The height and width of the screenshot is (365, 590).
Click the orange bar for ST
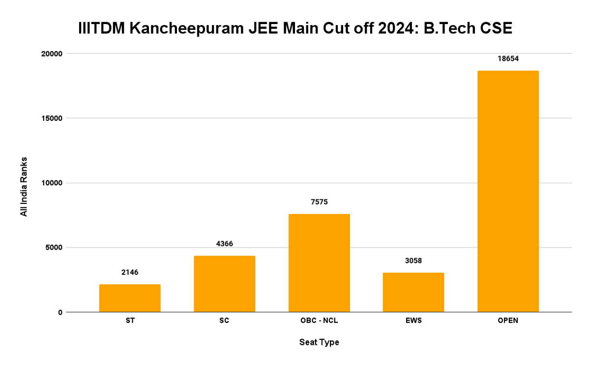(130, 298)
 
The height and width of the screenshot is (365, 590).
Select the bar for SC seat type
(224, 284)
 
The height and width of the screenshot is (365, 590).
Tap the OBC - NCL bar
(319, 263)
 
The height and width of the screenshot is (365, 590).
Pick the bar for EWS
(413, 292)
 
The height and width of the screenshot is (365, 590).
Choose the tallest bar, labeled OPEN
(508, 192)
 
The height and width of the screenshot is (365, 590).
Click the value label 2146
(130, 272)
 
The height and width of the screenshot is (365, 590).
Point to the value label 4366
(224, 244)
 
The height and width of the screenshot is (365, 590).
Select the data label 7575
(319, 202)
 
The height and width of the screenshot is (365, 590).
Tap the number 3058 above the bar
(413, 260)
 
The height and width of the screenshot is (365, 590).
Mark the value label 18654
(508, 58)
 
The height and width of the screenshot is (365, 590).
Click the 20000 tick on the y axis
(51, 54)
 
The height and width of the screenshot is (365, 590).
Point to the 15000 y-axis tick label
(51, 118)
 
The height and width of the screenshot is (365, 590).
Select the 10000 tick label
(51, 183)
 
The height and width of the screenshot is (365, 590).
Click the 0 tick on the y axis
(60, 312)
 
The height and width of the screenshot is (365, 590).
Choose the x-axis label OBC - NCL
(319, 321)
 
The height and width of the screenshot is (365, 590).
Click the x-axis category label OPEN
(508, 321)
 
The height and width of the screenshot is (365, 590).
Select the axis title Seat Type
(319, 342)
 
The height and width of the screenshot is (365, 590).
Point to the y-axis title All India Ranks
(24, 187)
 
